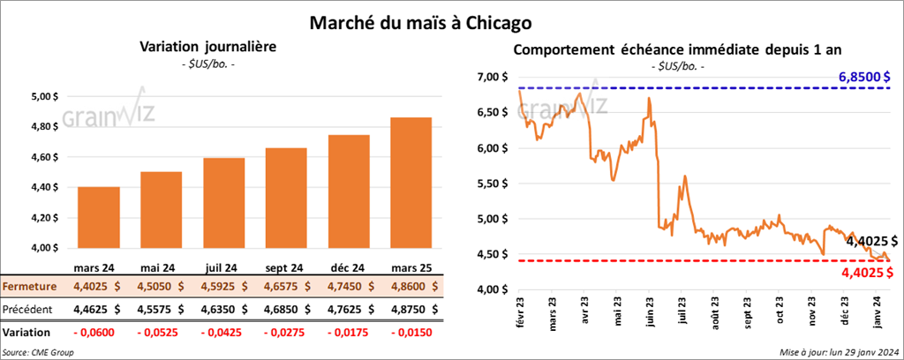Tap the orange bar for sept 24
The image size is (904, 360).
click(x=286, y=198)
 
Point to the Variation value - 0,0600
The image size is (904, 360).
click(x=99, y=333)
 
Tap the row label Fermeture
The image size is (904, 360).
click(x=28, y=286)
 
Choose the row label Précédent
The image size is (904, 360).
click(x=28, y=310)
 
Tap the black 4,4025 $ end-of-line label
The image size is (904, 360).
click(x=871, y=241)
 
